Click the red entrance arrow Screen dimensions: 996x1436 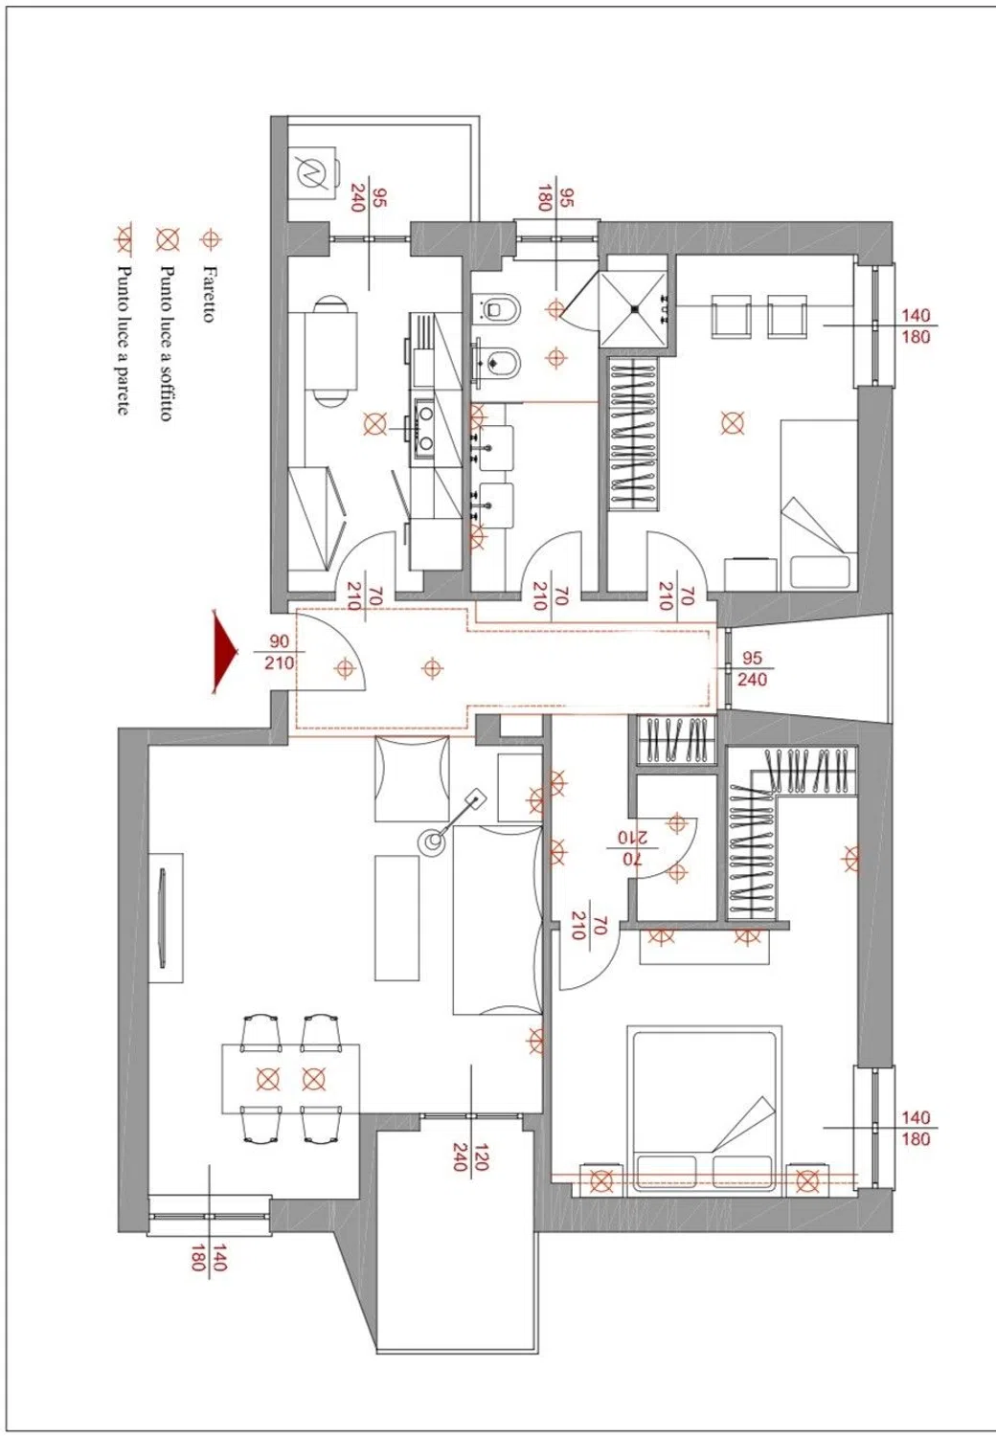pyautogui.click(x=224, y=651)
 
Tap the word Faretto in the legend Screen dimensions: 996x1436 pyautogui.click(x=208, y=294)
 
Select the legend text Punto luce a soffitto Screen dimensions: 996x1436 pyautogui.click(x=166, y=343)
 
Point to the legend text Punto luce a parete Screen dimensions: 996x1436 pyautogui.click(x=124, y=341)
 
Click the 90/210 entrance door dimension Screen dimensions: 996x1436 pyautogui.click(x=280, y=651)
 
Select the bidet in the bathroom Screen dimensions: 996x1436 pyautogui.click(x=496, y=363)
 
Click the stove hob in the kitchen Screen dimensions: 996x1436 pyautogui.click(x=424, y=429)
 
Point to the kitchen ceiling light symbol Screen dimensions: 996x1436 pyautogui.click(x=374, y=423)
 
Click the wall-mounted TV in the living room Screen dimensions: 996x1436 pyautogui.click(x=162, y=917)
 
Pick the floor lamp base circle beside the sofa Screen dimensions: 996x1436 pyautogui.click(x=432, y=841)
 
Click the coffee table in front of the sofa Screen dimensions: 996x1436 pyautogui.click(x=396, y=917)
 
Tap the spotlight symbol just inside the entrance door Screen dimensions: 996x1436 pyautogui.click(x=345, y=668)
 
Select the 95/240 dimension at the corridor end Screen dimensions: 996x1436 pyautogui.click(x=752, y=668)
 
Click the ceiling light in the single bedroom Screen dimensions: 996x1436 pyautogui.click(x=732, y=423)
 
